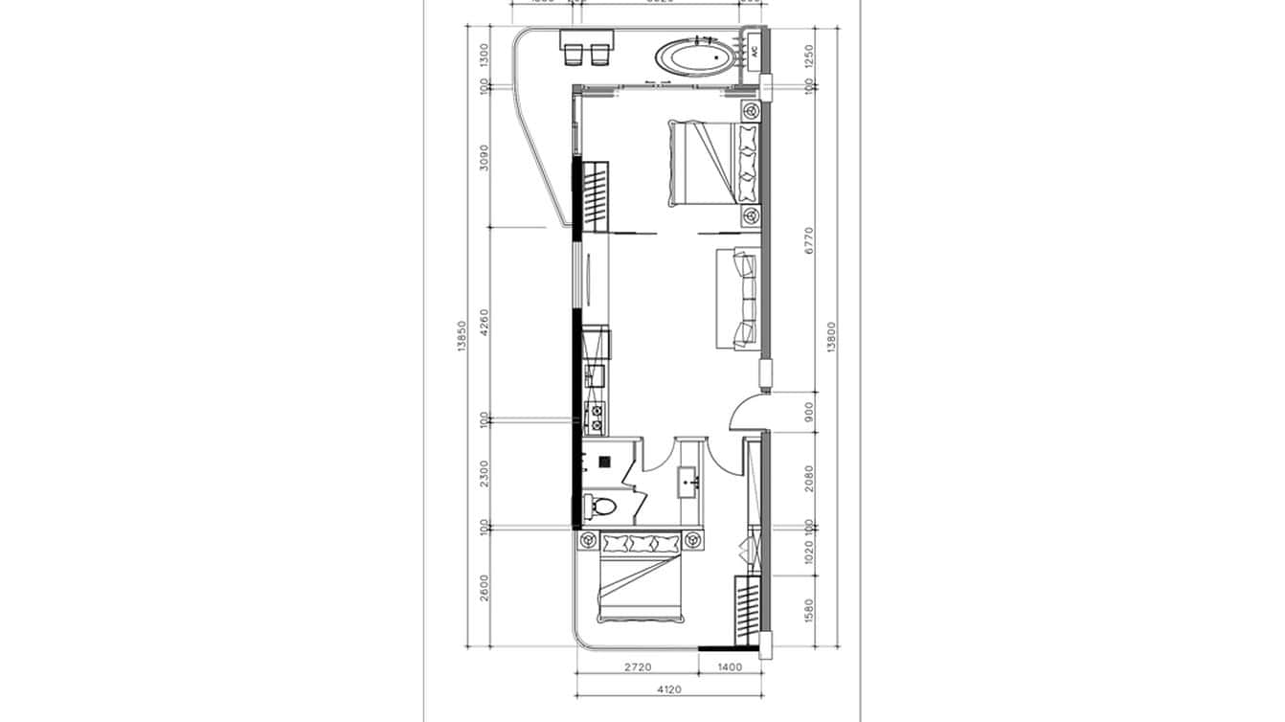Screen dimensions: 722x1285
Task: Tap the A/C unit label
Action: pos(754,51)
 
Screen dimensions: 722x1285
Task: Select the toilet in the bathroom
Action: pos(600,505)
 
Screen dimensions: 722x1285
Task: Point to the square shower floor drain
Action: pos(604,462)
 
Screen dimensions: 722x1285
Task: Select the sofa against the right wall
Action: pos(744,299)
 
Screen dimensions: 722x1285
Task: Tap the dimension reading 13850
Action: pos(462,338)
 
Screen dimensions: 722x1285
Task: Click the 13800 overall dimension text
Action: pos(830,338)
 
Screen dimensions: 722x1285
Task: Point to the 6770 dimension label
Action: pos(809,239)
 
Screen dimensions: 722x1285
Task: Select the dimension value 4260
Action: pos(485,322)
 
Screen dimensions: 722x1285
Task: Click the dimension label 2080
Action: pos(809,478)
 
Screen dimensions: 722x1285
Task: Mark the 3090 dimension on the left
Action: pos(485,157)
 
